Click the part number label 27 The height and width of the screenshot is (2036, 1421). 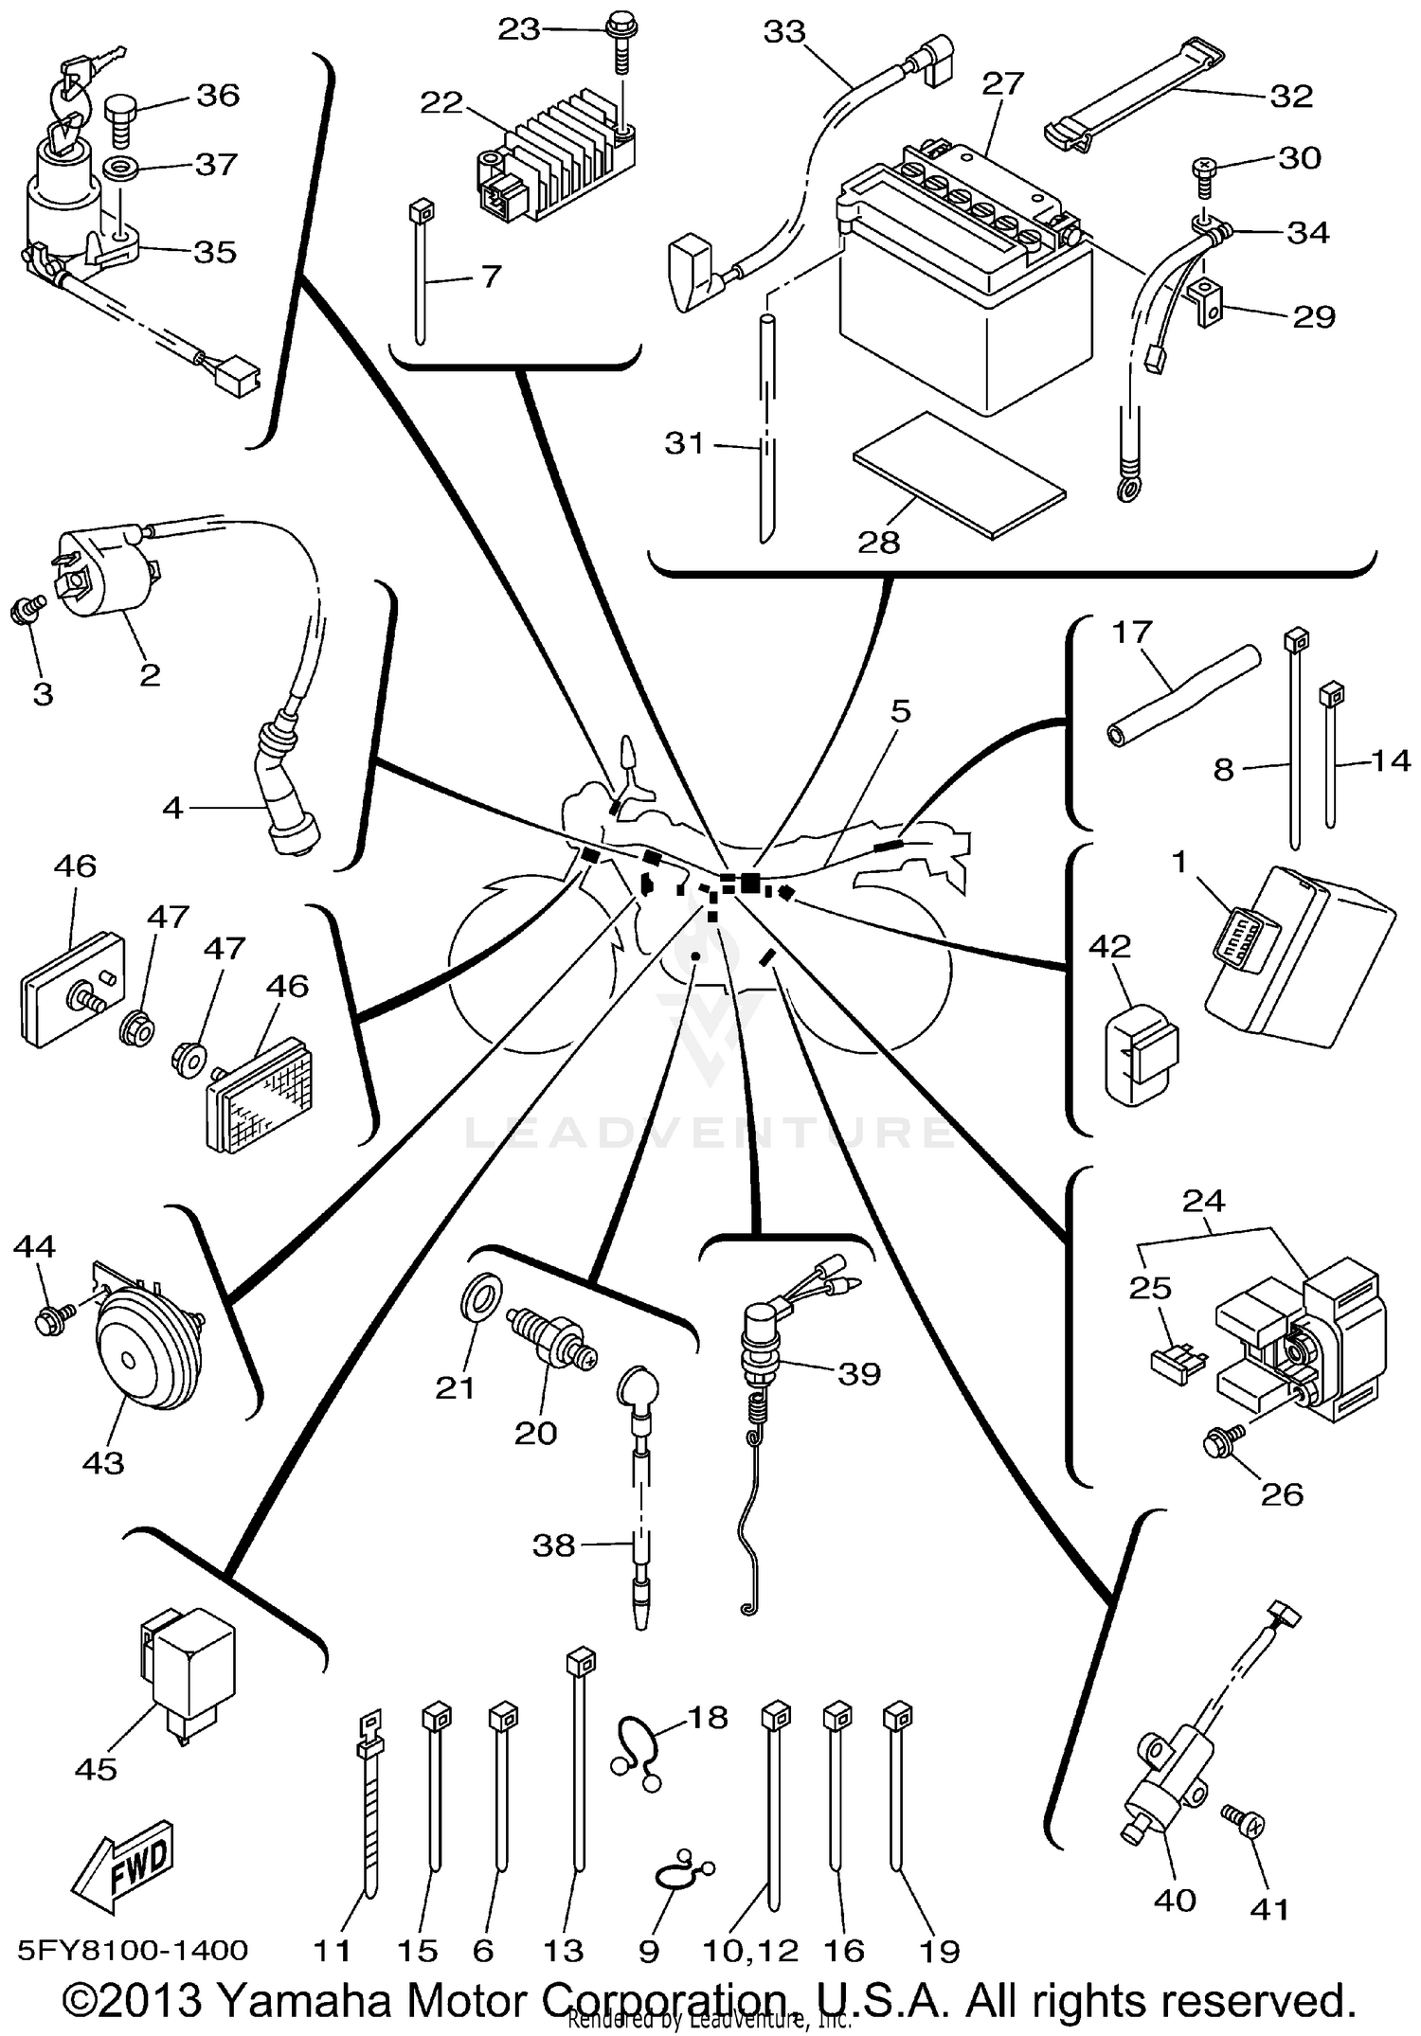point(1002,84)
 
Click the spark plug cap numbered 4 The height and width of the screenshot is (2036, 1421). point(289,800)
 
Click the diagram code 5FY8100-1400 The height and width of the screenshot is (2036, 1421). point(133,1950)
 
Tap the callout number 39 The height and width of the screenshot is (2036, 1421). point(858,1373)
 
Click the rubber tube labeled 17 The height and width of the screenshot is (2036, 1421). point(1184,694)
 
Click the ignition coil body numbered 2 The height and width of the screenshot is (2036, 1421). point(104,579)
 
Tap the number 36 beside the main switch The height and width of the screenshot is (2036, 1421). point(217,95)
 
